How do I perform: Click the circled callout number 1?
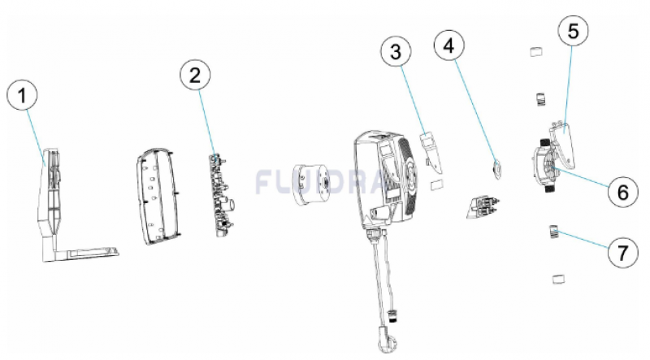22,95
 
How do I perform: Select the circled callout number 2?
195,75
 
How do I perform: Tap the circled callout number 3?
396,52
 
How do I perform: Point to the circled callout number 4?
449,46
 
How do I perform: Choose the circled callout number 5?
573,31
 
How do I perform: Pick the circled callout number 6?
622,192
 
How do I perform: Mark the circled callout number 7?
622,252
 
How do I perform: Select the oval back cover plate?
158,196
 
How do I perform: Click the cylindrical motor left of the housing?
311,184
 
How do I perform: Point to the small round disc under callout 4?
496,170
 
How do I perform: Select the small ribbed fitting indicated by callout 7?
554,232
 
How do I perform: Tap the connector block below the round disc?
482,208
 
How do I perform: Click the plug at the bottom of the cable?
386,339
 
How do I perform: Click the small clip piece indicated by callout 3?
431,153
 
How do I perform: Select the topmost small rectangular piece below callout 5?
536,52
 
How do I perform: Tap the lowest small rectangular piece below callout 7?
558,279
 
